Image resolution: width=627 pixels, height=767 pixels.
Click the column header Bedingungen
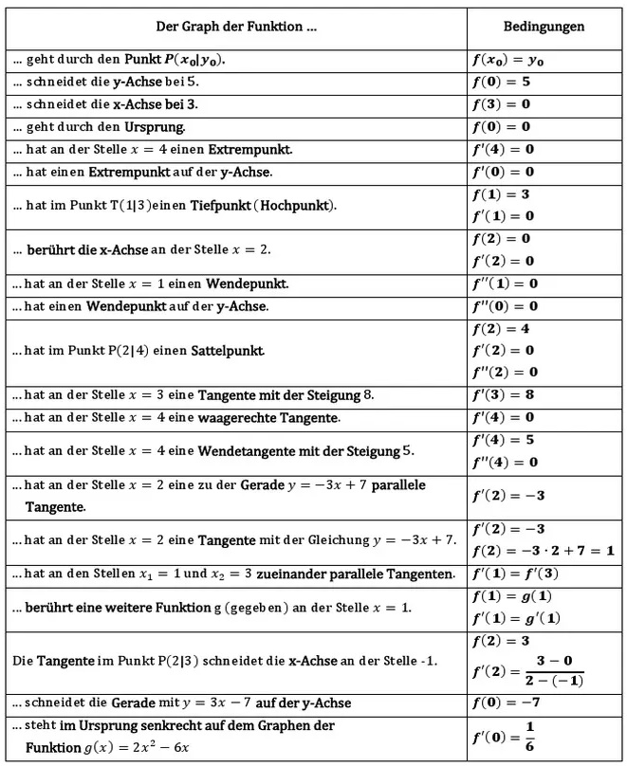544,27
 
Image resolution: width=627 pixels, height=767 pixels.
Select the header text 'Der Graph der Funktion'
236,27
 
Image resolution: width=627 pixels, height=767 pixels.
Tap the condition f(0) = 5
501,82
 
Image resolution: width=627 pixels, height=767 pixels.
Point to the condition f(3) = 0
501,104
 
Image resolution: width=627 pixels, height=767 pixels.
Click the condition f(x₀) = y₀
507,59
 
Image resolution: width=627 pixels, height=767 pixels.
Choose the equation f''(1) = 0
505,283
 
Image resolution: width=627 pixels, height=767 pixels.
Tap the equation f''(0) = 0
505,306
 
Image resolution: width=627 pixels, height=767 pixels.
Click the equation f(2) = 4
501,329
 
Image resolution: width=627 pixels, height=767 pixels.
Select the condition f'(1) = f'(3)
515,575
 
